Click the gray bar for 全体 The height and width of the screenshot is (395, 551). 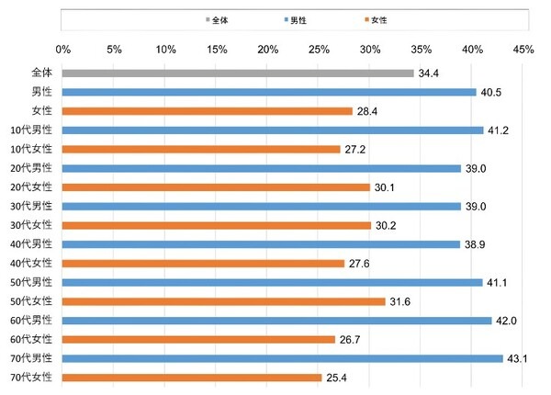(238, 73)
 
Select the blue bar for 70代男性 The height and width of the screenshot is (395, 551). (283, 358)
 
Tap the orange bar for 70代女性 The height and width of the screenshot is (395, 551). (193, 378)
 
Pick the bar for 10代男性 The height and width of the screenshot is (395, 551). (273, 130)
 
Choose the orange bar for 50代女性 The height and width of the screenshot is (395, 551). (224, 301)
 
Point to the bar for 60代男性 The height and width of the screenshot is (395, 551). (277, 321)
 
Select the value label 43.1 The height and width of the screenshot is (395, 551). (520, 358)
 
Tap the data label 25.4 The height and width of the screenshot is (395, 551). (339, 378)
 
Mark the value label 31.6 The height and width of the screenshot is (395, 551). (402, 301)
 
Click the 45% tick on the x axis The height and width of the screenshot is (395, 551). (523, 49)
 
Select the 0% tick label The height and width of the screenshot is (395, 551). (63, 49)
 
